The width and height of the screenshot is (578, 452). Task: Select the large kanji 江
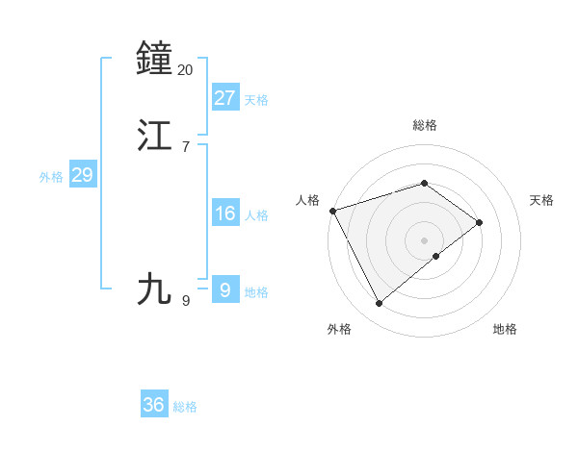155,136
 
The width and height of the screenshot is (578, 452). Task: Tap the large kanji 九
155,288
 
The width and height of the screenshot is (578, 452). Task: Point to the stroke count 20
186,69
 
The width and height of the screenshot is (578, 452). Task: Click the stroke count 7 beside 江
186,147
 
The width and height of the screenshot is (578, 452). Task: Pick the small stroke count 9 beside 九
186,300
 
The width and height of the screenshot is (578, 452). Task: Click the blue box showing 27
224,97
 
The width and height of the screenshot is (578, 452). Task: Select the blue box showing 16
224,213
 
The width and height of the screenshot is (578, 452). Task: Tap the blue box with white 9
224,289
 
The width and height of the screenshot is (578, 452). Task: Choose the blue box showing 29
82,175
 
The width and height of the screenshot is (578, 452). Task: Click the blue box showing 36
154,405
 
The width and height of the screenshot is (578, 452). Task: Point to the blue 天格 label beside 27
256,100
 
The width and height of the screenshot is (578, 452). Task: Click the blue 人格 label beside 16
256,215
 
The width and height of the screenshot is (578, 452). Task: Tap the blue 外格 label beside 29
51,177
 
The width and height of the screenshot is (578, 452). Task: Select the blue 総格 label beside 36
185,407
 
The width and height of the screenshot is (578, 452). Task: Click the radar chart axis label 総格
425,125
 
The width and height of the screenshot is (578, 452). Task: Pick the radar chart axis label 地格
505,329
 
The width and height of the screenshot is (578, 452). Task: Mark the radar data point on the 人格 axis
332,210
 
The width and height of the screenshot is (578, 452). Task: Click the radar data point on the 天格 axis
479,222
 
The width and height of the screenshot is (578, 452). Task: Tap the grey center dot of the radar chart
425,239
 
